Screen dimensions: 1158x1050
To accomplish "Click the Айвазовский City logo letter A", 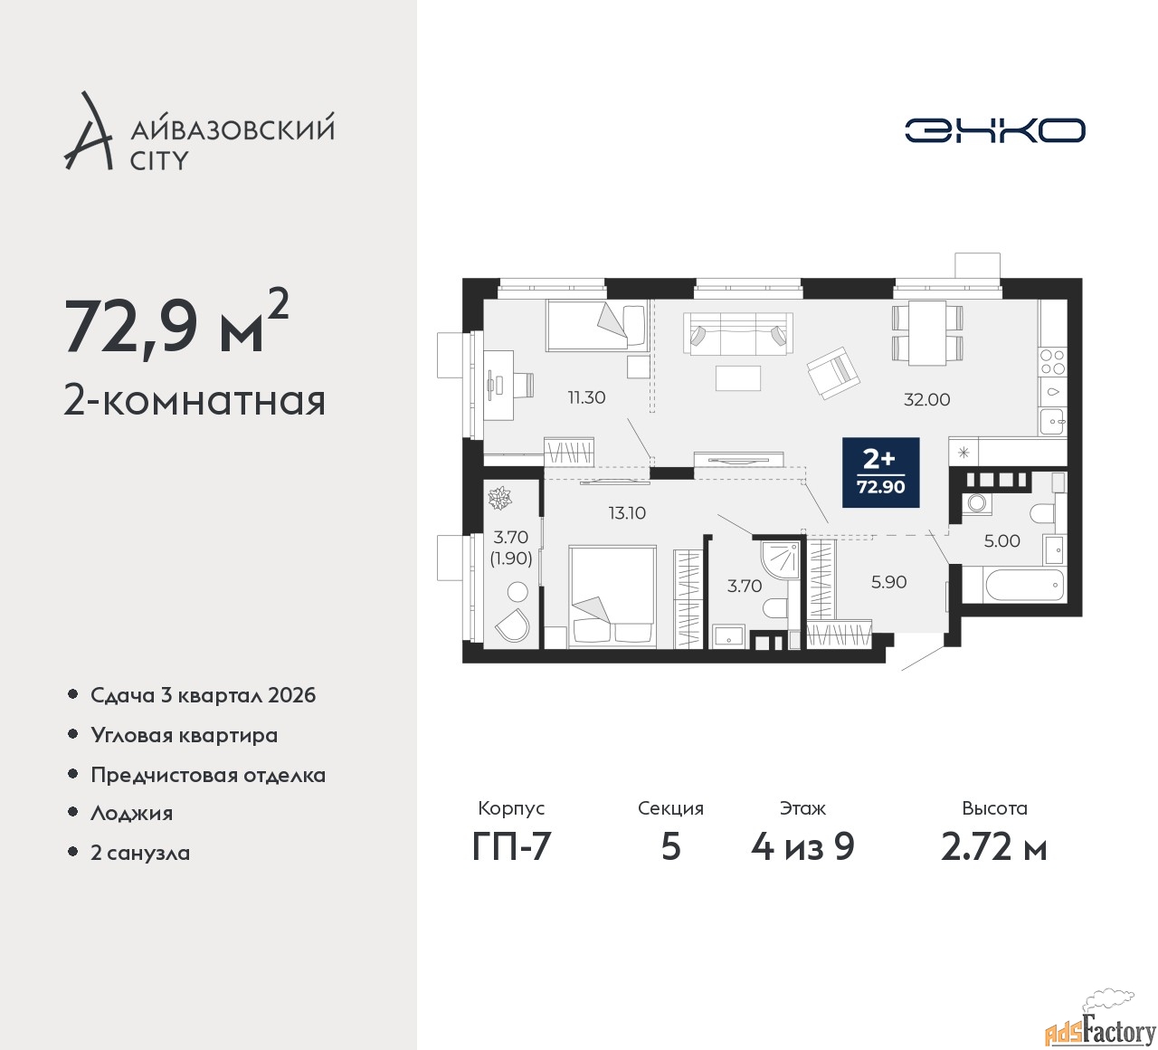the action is click(x=87, y=130).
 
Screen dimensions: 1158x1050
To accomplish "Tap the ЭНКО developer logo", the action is click(x=994, y=130).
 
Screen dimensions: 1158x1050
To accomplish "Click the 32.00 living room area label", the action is click(x=926, y=400).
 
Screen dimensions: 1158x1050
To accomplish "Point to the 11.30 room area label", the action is click(x=586, y=397).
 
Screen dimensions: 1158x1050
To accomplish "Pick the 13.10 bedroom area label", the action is click(x=627, y=513).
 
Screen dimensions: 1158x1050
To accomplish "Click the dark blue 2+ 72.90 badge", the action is click(x=881, y=472).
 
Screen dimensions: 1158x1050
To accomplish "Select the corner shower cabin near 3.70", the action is click(x=777, y=559).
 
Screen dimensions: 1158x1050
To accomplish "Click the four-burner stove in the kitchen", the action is click(x=1052, y=361).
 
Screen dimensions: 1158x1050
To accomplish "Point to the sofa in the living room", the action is click(x=737, y=333).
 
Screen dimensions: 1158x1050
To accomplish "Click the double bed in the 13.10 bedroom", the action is click(x=612, y=596).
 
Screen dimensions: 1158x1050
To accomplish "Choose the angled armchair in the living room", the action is click(x=833, y=374).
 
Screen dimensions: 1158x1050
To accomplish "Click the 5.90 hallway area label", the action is click(x=889, y=582).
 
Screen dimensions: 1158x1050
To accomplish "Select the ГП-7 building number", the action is click(x=511, y=847).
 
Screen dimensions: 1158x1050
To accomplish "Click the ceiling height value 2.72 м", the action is click(x=994, y=847).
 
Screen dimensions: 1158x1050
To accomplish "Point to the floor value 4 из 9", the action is click(x=802, y=847).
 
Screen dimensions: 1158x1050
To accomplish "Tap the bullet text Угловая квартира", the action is click(x=185, y=736).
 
